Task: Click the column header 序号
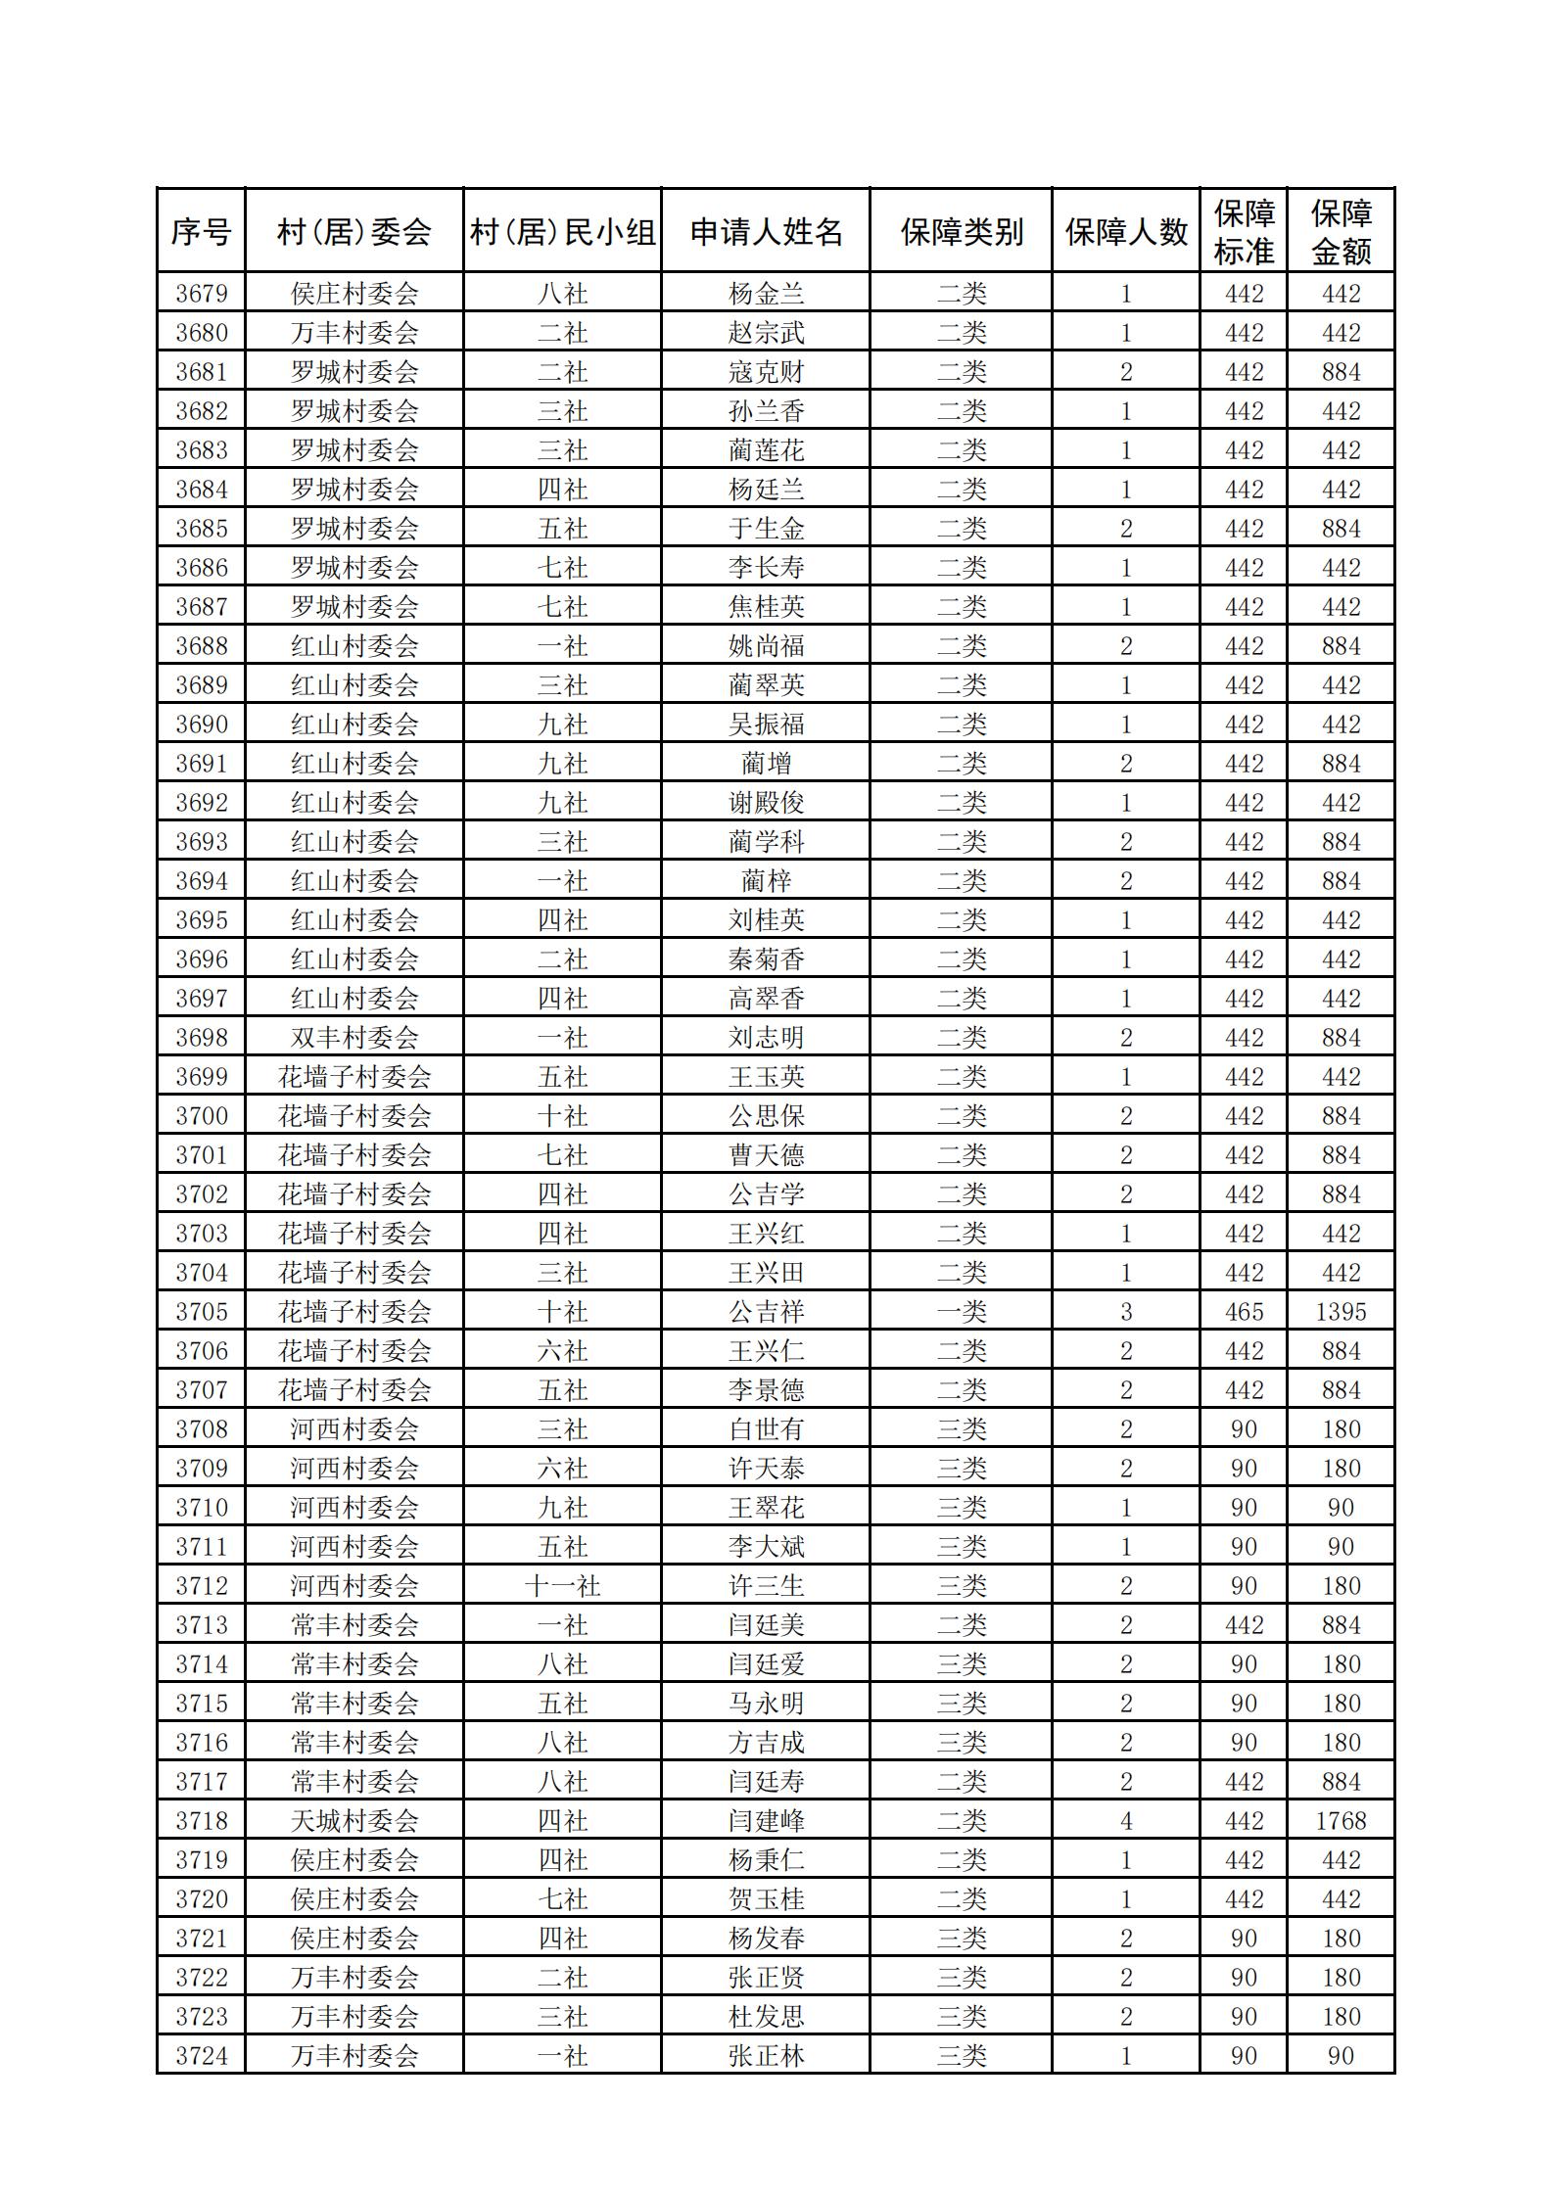[x=201, y=232]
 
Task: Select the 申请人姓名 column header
[x=766, y=232]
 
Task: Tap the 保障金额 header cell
[x=1341, y=232]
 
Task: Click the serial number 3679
[x=201, y=294]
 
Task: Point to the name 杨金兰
[x=766, y=294]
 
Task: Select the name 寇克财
[x=766, y=372]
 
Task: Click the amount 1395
[x=1341, y=1312]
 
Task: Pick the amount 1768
[x=1341, y=1821]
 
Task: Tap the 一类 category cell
[x=962, y=1312]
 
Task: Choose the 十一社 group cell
[x=562, y=1586]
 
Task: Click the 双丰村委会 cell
[x=354, y=1038]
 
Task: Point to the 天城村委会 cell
[x=354, y=1821]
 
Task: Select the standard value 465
[x=1244, y=1312]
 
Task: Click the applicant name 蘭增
[x=766, y=764]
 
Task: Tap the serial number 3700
[x=201, y=1116]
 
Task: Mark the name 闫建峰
[x=766, y=1821]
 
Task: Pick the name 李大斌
[x=766, y=1547]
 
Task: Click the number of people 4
[x=1126, y=1821]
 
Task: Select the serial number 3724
[x=201, y=2056]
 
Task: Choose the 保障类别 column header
[x=962, y=232]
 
